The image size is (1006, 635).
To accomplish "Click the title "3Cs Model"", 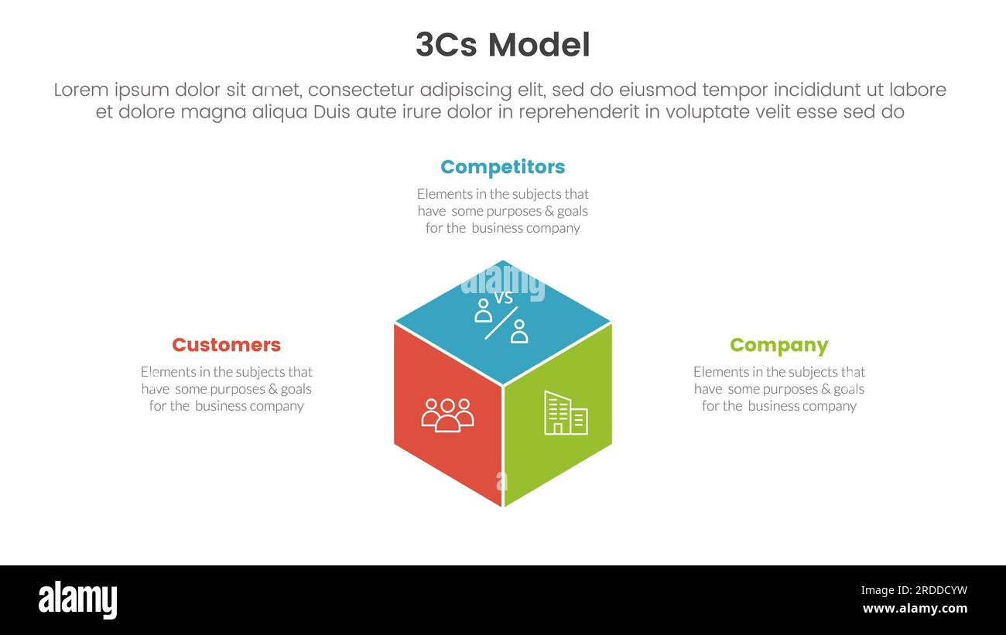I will click(x=502, y=45).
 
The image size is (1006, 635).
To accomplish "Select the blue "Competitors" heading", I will click(x=502, y=167).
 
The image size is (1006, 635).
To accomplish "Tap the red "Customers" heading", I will click(x=226, y=345).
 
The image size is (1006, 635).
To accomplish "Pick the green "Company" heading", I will click(x=778, y=345).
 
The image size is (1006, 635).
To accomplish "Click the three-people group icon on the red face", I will click(x=447, y=415).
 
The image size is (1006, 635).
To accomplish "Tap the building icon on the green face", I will click(x=566, y=413).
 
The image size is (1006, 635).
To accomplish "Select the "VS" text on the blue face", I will click(x=504, y=298).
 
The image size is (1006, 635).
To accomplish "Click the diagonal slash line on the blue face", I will click(x=501, y=323).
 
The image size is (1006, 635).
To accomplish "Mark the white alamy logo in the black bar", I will click(x=77, y=600).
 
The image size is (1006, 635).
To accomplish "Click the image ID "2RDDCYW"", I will click(x=914, y=591).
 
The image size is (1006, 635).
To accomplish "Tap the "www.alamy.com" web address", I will click(x=915, y=609).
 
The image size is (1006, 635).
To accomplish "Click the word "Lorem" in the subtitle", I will click(x=80, y=90).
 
